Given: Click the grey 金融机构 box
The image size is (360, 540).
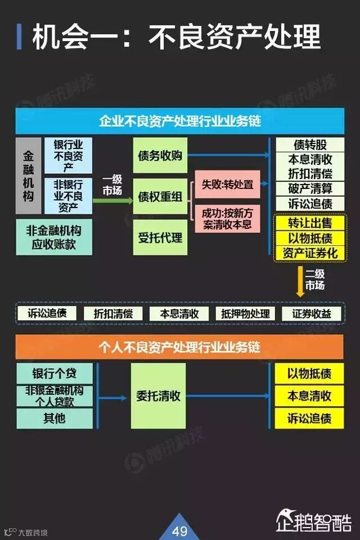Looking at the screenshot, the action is coord(28,175).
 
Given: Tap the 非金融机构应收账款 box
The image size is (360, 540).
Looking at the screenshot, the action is coord(54,237).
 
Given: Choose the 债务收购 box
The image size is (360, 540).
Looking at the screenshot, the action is coord(160,155).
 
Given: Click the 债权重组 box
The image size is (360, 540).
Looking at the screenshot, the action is coord(160,196).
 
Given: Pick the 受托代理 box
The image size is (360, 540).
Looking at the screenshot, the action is coord(160,237).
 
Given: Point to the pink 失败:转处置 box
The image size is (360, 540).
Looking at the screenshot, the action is coord(227,184).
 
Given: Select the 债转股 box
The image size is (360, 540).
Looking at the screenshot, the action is coord(310,145).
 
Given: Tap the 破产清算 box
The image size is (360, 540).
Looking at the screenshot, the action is coord(310,188).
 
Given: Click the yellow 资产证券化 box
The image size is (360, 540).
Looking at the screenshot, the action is coord(310,253).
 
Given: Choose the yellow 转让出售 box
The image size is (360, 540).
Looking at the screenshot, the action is coord(310,223).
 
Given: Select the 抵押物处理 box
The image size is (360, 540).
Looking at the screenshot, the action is coord(246,314).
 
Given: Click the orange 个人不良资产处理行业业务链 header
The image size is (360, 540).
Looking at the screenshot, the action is coord(179,346).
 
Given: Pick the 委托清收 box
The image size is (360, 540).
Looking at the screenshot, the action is coord(158,395).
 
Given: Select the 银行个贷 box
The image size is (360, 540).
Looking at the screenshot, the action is coord(54,373).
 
